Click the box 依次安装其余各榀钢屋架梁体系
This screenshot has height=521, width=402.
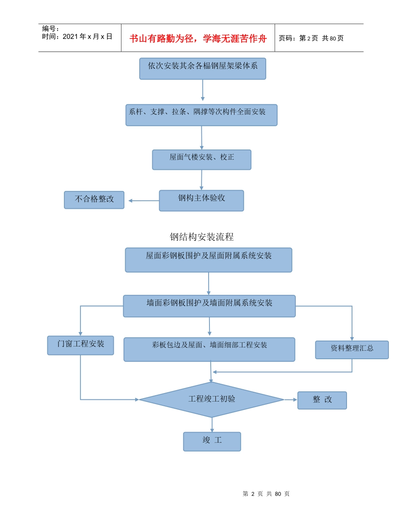(x=202, y=69)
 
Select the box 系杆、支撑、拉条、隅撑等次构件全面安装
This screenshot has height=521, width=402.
(x=201, y=115)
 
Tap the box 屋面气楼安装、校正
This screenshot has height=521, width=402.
(x=201, y=160)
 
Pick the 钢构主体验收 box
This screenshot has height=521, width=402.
(x=201, y=201)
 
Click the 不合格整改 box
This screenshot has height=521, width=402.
(x=94, y=200)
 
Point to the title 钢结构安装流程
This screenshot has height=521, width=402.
(x=201, y=237)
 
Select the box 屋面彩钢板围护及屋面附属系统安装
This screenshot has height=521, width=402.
(x=209, y=260)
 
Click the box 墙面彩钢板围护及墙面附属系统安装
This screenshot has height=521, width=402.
(x=209, y=306)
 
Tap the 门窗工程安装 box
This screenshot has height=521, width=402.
(x=80, y=346)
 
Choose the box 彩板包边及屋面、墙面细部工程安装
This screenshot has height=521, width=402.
(x=209, y=349)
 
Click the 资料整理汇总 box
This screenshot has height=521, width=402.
(x=352, y=350)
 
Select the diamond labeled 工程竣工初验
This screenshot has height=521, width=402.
(x=212, y=399)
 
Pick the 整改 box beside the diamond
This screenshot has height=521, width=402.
(x=322, y=400)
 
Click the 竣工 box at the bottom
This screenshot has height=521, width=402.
(x=212, y=441)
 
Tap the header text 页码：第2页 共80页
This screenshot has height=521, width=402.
(x=311, y=39)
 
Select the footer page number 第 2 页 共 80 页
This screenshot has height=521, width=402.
(x=266, y=494)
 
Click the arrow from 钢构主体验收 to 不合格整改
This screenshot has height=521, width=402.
(x=143, y=201)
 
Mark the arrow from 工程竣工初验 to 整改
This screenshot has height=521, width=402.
(x=291, y=399)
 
